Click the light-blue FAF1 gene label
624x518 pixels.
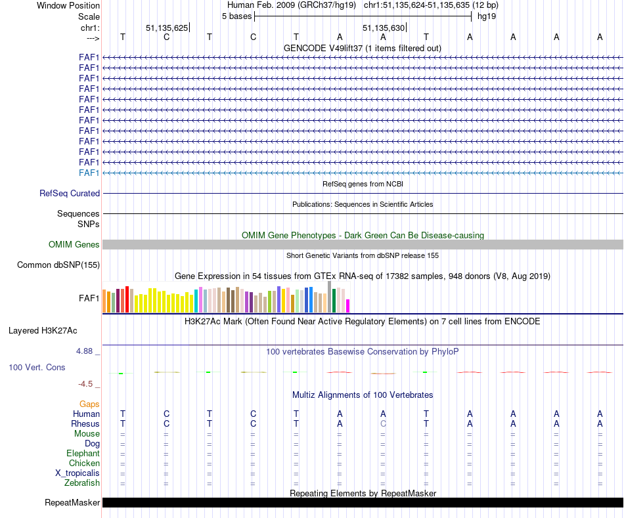[x=89, y=173]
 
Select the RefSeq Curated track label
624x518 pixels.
[x=70, y=194]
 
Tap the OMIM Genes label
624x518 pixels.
[x=74, y=245]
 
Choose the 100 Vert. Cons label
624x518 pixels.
[x=37, y=368]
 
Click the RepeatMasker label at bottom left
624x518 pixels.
[x=72, y=503]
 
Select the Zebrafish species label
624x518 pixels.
[x=82, y=483]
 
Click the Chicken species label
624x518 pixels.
[x=84, y=464]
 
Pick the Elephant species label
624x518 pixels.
[x=83, y=454]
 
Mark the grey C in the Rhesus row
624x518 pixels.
[x=383, y=423]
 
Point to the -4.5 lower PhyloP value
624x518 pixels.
[x=87, y=384]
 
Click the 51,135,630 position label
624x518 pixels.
[x=384, y=28]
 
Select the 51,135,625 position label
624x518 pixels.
[x=167, y=28]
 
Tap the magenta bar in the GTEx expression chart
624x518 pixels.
[x=348, y=306]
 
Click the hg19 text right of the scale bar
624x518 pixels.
[x=487, y=16]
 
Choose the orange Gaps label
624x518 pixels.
[x=89, y=404]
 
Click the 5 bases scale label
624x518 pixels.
[x=236, y=16]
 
